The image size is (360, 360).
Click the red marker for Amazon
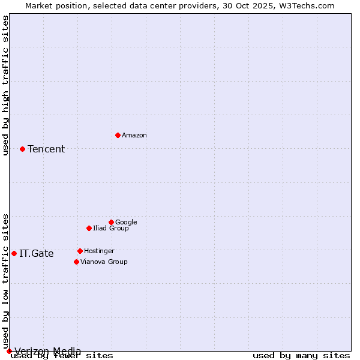pos(118,135)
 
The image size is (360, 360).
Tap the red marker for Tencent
pos(22,149)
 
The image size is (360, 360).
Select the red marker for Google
pos(111,222)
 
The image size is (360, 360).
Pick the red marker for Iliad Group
pos(89,228)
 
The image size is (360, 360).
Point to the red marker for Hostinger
pos(80,251)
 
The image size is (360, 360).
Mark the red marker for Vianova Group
pos(76,262)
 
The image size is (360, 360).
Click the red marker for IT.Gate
pos(14,253)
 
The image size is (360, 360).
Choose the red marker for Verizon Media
pos(9,351)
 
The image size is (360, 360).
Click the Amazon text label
pos(134,136)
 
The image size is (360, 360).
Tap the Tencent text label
pos(46,149)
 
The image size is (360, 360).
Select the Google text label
pos(126,222)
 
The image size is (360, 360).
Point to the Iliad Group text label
pos(111,228)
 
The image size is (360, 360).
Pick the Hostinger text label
pos(99,251)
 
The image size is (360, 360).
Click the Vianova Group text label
pos(104,262)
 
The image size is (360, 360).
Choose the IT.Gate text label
pos(37,254)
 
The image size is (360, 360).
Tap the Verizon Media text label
pos(48,352)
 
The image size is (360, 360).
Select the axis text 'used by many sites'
pos(301,356)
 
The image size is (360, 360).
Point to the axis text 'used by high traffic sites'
pos(6,85)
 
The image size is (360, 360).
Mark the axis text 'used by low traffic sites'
pos(6,281)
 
